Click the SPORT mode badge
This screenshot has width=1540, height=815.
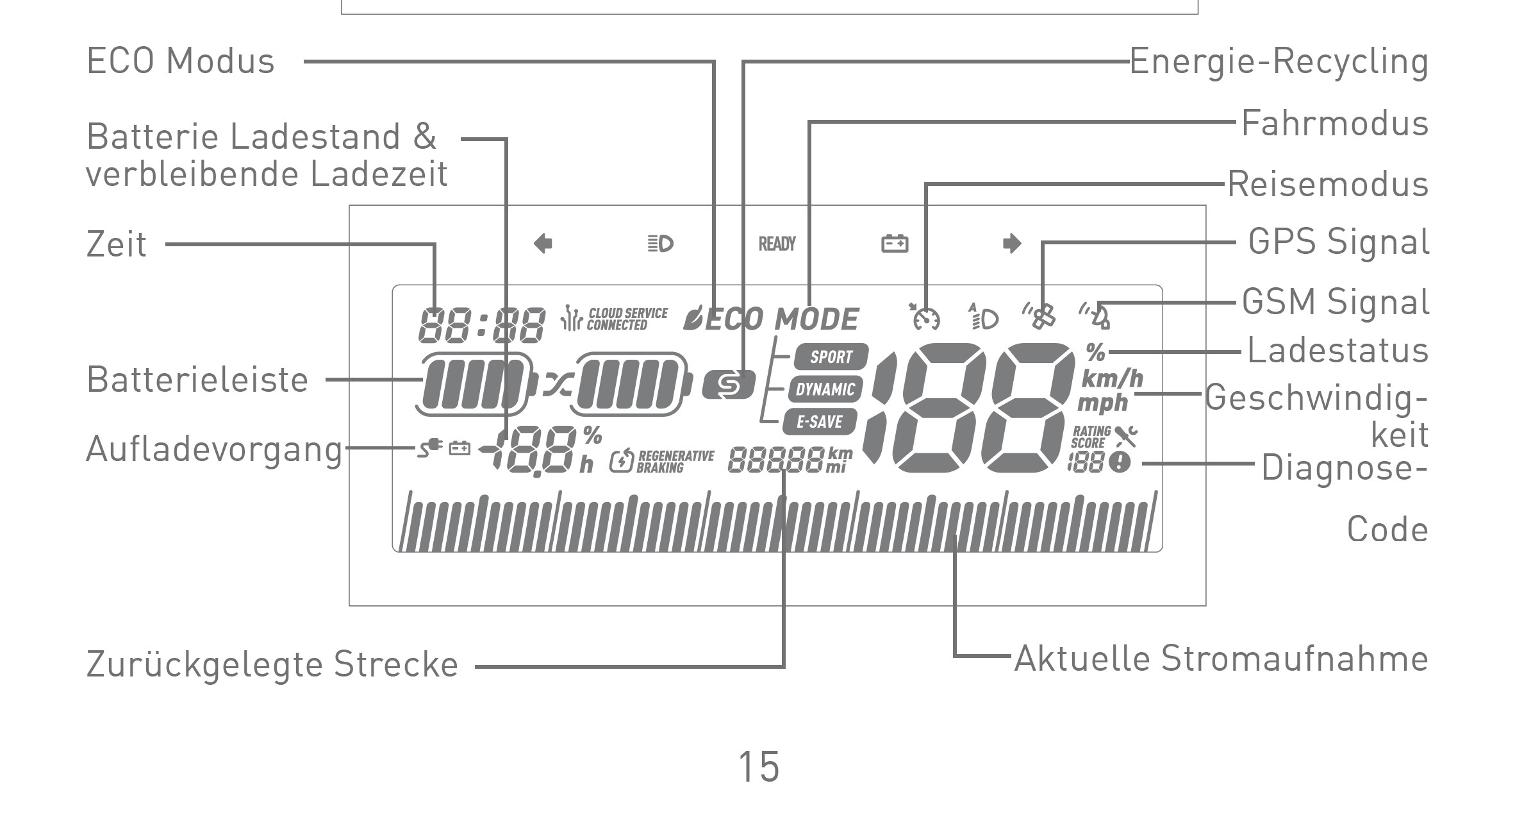pos(831,357)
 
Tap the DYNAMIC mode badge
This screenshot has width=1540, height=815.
pos(825,389)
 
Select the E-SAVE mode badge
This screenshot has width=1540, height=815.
pos(820,421)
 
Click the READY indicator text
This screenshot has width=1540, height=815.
pos(777,244)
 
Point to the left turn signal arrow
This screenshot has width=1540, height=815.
pos(543,244)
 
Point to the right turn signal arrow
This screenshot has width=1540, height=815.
pos(1011,244)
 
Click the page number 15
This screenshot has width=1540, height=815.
pos(759,767)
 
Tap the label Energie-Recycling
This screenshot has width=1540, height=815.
pos(1279,62)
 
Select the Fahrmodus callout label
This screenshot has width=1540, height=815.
pos(1335,123)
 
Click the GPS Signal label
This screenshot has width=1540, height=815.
pos(1339,242)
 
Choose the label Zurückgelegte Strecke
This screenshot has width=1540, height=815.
pos(272,664)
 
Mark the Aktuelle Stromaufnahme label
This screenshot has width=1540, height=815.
pos(1221,659)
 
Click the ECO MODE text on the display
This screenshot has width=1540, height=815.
pos(782,319)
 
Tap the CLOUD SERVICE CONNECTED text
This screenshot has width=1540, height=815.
pos(626,319)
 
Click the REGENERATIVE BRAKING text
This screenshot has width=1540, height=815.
pos(675,461)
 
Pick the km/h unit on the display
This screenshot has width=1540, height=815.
pos(1112,379)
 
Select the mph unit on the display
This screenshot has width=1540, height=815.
pos(1102,403)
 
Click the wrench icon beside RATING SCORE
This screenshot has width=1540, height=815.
pos(1125,436)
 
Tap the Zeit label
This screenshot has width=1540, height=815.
pos(117,244)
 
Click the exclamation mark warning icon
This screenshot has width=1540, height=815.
pos(1120,462)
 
